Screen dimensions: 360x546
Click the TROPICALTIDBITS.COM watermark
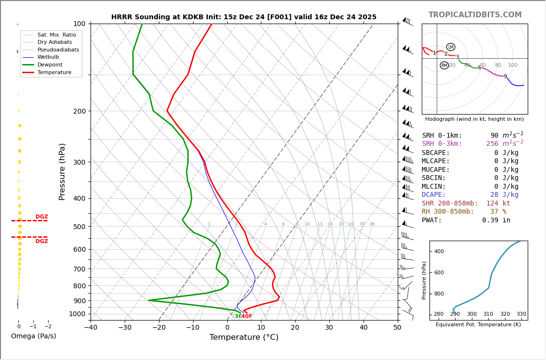tap(475, 15)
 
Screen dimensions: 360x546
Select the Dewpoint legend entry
tap(51, 65)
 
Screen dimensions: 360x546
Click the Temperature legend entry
tap(54, 73)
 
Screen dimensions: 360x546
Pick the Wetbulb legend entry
tap(48, 57)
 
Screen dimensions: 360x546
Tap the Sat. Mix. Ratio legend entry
tap(56, 35)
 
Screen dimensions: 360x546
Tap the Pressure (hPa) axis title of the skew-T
tap(62, 171)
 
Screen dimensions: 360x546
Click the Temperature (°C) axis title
tap(244, 338)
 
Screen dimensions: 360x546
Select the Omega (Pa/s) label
tap(34, 336)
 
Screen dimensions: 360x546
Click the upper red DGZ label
tap(41, 217)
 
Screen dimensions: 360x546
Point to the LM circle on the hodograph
tap(451, 47)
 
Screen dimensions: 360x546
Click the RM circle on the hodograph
tap(444, 65)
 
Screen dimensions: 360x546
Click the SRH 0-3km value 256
tap(492, 144)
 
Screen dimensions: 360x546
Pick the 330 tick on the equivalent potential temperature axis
tap(521, 314)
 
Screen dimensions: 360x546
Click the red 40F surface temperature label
tap(246, 317)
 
